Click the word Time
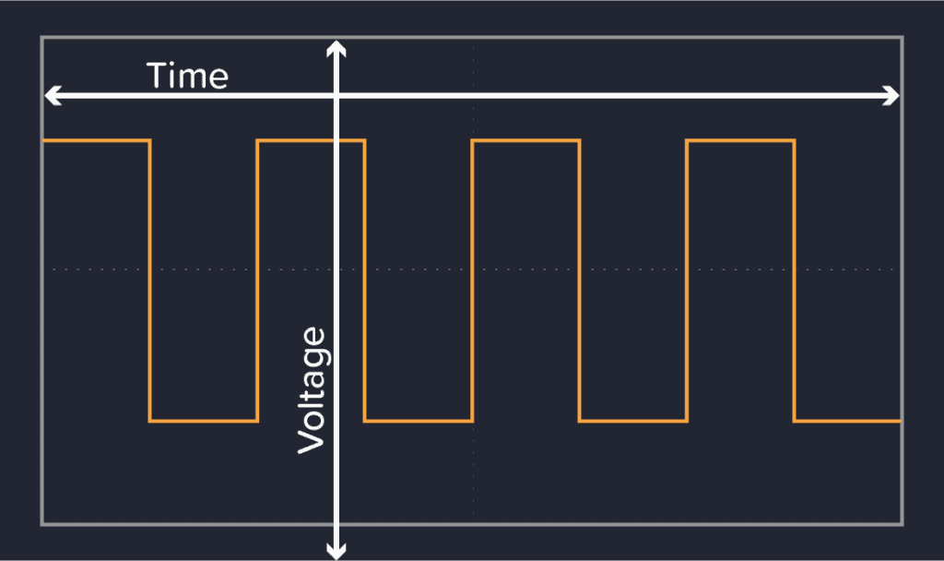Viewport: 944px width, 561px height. [x=187, y=75]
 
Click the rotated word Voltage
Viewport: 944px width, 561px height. [x=313, y=390]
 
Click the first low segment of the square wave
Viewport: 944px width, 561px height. [x=203, y=421]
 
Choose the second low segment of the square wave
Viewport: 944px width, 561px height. [x=419, y=421]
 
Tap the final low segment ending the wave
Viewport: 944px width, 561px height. [x=847, y=421]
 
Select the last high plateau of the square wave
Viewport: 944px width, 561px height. [x=740, y=140]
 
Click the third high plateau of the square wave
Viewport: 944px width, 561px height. [x=525, y=140]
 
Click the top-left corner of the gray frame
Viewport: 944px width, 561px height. [x=41, y=38]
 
